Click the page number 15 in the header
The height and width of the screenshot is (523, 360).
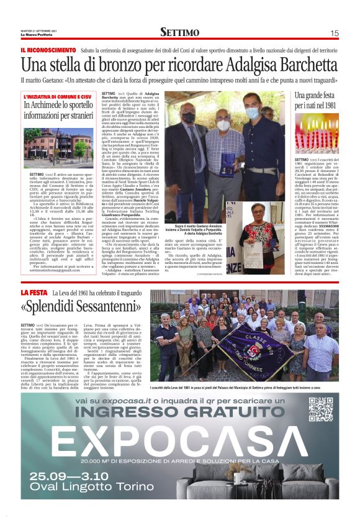click(x=335, y=33)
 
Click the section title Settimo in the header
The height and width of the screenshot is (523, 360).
click(x=179, y=32)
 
